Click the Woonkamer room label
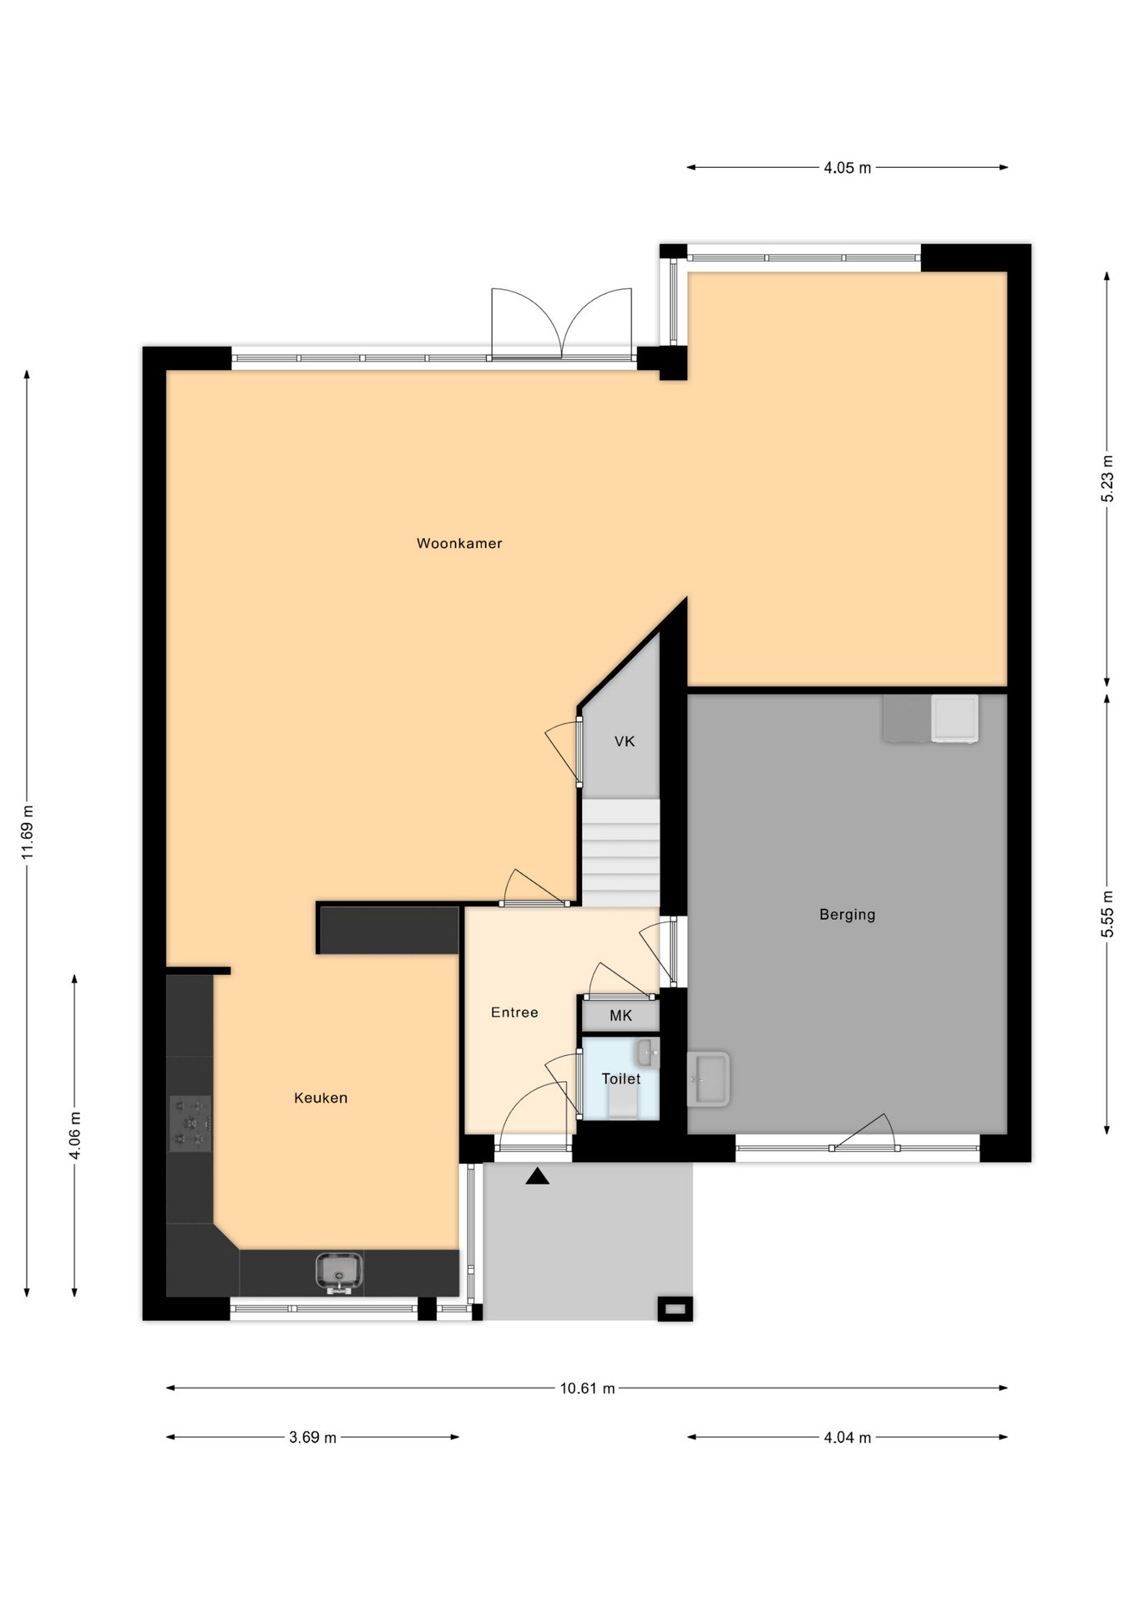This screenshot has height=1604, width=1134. pos(459,543)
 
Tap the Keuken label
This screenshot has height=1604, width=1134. pos(321,1098)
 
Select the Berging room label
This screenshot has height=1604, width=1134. pos(847,915)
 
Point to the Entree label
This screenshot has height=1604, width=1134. pos(514,1013)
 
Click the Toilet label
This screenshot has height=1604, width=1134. pos(621,1079)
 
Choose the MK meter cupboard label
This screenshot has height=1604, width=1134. pos(620,1016)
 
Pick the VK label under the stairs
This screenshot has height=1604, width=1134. pos(625,741)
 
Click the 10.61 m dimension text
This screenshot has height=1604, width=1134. pos(587,1388)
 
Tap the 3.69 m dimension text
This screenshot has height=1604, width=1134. pos(313,1438)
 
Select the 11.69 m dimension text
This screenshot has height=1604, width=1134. pos(28,830)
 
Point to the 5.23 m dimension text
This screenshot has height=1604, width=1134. pos(1107,478)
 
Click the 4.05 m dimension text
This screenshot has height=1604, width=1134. pos(848,168)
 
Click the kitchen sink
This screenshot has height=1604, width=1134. pos(339,1272)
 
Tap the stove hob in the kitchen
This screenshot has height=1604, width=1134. pos(190,1124)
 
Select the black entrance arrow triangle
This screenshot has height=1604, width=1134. pos(537,1176)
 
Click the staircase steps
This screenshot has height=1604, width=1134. pos(620,852)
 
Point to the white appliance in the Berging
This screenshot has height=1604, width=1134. pos(954,718)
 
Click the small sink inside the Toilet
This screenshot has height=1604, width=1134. pos(647,1053)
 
